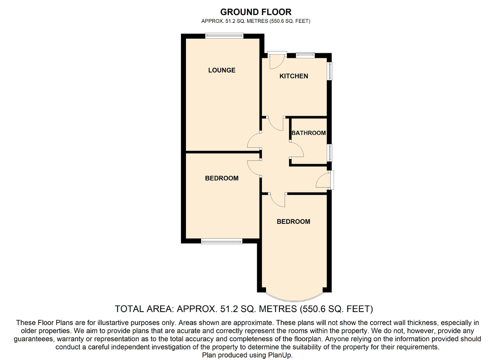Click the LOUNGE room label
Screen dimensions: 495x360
tap(222, 70)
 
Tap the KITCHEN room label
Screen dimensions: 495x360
tap(294, 76)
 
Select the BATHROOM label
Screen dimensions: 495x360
tap(309, 133)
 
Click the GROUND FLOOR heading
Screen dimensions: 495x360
tap(256, 12)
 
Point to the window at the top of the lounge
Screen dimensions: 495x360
tap(224, 36)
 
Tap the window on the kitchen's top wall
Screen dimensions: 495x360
tap(305, 55)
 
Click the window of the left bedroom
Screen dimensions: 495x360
tap(222, 241)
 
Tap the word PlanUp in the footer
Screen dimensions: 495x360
tap(280, 355)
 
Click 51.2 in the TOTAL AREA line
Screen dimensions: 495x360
tap(229, 309)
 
